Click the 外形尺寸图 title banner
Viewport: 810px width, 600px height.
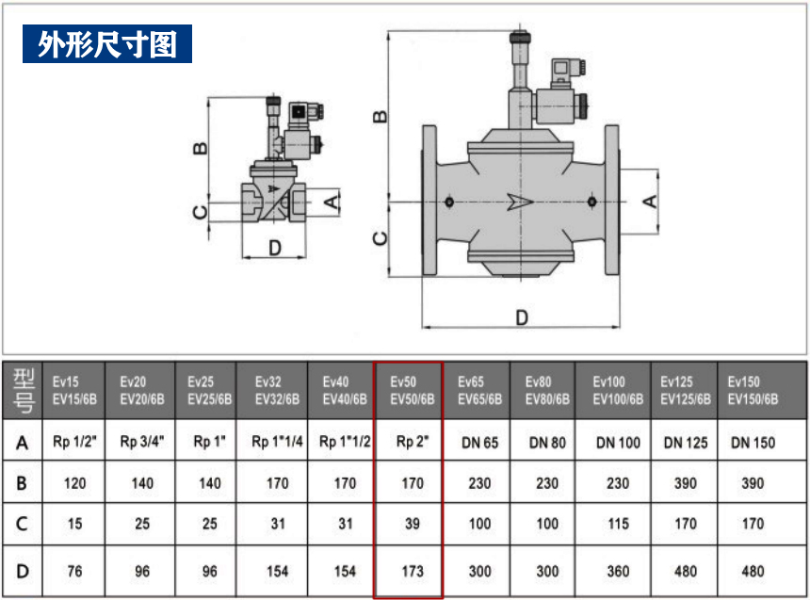(x=107, y=44)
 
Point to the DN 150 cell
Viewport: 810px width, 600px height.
(x=753, y=442)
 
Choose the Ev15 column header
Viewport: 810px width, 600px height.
(x=74, y=390)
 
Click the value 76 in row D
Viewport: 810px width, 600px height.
(x=74, y=571)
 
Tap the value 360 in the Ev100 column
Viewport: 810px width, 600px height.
(x=617, y=571)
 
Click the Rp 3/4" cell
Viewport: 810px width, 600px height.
(x=141, y=442)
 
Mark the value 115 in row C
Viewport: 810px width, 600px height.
(x=617, y=524)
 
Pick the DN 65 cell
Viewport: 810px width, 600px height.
(x=479, y=442)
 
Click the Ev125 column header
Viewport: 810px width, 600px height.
(x=685, y=390)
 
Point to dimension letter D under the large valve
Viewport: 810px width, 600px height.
(x=521, y=317)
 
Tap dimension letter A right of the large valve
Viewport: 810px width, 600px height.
(x=649, y=201)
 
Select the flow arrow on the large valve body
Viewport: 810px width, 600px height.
(x=519, y=202)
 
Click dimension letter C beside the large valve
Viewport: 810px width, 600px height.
(x=380, y=237)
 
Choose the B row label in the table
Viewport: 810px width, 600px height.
(x=23, y=483)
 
